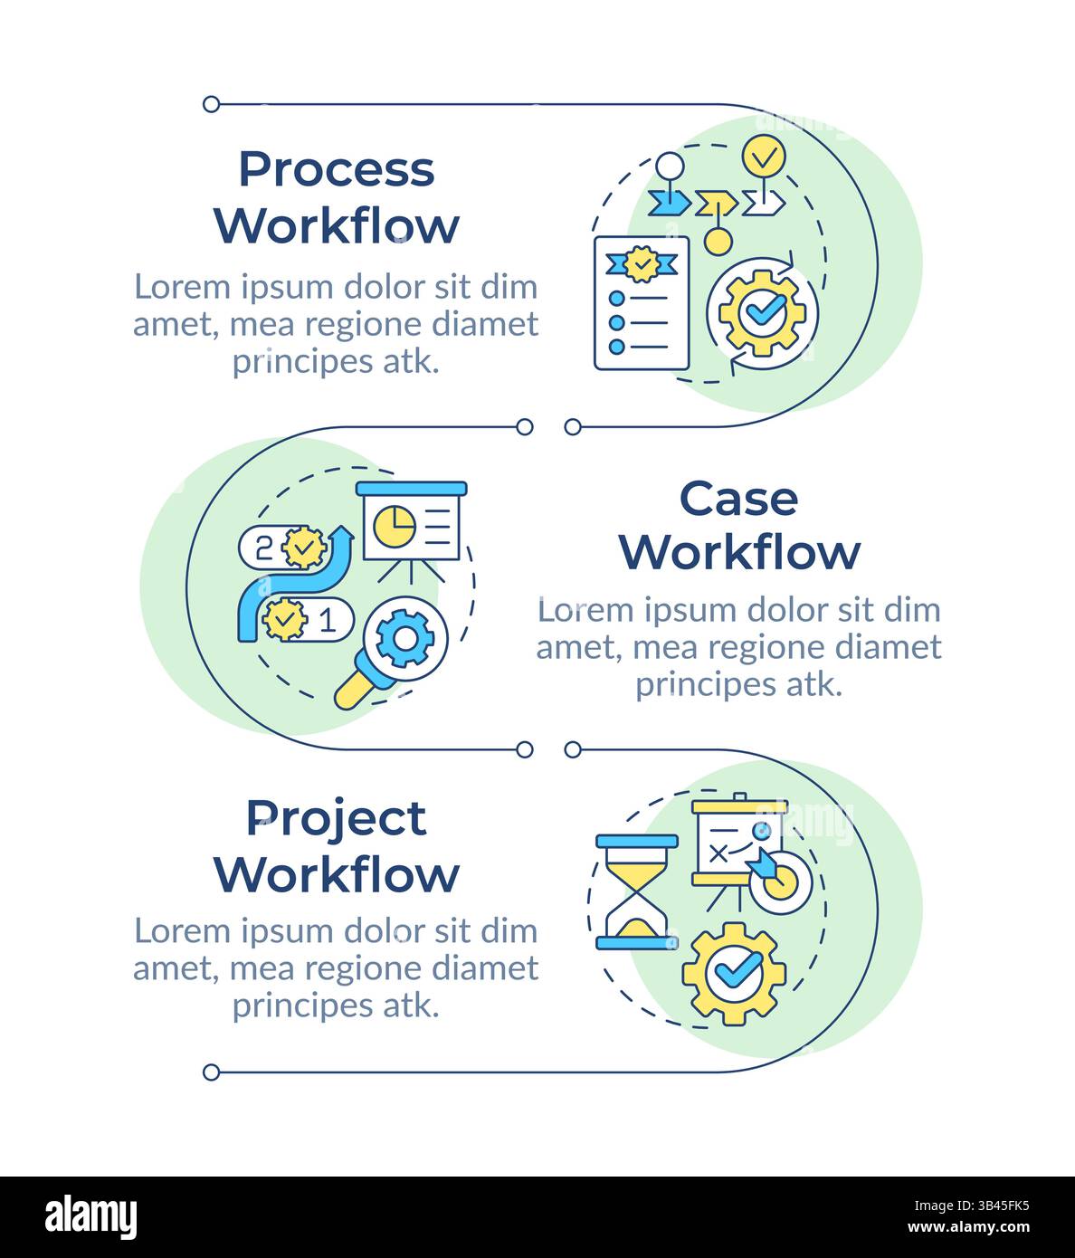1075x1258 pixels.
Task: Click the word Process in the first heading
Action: pos(336,170)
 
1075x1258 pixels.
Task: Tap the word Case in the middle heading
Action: pos(738,499)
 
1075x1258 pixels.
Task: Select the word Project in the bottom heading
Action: pos(336,819)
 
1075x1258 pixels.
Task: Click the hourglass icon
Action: pos(636,891)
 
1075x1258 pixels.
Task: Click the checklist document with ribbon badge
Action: pos(641,303)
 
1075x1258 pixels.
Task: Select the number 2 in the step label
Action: pos(263,547)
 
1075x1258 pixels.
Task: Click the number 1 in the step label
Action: pos(328,620)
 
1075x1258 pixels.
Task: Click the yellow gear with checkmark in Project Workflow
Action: pos(733,973)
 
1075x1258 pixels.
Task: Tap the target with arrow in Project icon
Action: pos(778,876)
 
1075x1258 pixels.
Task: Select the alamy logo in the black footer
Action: pos(90,1217)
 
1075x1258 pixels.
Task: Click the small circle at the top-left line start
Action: pos(211,104)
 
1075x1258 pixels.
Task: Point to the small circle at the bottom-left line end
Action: pos(211,1072)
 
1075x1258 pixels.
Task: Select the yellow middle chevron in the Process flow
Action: pos(716,202)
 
